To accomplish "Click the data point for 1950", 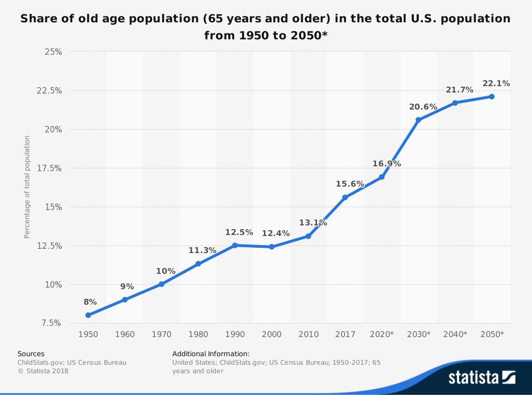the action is (88, 315).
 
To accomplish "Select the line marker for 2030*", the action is (418, 120).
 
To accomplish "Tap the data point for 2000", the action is (271, 247).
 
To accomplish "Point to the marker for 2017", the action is (345, 197).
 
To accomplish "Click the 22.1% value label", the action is (496, 83).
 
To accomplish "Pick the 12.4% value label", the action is (276, 233).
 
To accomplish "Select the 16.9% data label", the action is (386, 164).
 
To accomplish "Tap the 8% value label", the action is (90, 302).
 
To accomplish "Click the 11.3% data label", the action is (202, 250).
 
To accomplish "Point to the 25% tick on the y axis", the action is (53, 52).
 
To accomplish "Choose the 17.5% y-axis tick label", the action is (49, 168).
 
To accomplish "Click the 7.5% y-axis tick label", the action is (51, 323).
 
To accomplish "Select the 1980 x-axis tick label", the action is (198, 334).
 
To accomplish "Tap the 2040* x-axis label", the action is (455, 334).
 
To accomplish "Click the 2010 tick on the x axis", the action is (309, 334).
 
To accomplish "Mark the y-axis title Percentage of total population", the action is (27, 187).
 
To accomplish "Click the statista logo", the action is (482, 377).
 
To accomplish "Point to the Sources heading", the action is (31, 354).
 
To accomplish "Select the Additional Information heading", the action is (211, 354).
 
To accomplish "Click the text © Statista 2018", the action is (43, 371).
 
